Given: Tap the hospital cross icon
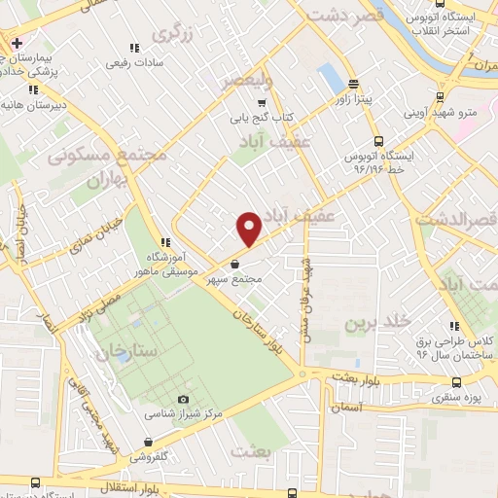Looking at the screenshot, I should (18, 45).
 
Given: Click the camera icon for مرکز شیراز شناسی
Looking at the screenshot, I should (184, 400).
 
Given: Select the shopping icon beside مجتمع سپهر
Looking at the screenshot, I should (235, 264).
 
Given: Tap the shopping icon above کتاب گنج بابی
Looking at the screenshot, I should (260, 101).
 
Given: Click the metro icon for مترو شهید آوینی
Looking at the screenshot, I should (441, 97).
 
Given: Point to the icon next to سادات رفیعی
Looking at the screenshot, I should (135, 46).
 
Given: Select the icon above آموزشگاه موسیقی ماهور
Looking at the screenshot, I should (166, 242).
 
